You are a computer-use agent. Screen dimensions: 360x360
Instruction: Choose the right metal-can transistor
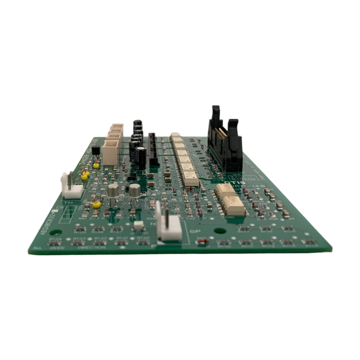(135, 191)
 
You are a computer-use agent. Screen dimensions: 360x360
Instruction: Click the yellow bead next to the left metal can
(96, 204)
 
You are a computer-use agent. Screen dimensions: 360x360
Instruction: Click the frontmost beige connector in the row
(110, 151)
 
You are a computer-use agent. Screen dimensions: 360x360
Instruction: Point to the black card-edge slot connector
(153, 148)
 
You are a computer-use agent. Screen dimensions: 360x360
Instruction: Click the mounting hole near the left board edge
(55, 233)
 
